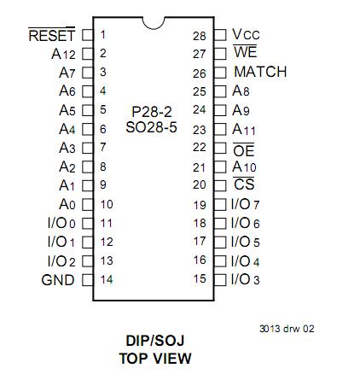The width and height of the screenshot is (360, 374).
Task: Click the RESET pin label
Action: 52,36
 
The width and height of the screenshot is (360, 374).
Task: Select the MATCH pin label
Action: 260,73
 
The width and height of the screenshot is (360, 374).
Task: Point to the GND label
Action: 58,280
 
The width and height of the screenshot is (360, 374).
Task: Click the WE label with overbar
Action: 245,54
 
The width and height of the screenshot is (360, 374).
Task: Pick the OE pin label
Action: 244,149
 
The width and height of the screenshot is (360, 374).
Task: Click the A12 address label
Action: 63,54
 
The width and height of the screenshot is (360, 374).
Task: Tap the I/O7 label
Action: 246,205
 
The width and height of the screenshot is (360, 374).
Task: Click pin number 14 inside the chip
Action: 107,279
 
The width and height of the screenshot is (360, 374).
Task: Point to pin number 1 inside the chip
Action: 103,35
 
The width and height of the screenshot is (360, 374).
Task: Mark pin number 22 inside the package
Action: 200,147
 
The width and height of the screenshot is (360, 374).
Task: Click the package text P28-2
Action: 151,112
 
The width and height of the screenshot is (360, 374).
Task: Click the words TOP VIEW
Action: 154,358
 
